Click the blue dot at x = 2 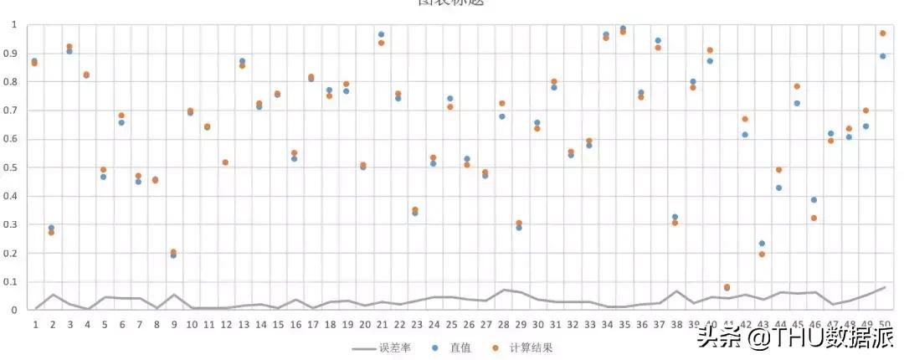tap(51, 228)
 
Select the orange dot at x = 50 tap(882, 33)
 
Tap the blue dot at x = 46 tap(814, 200)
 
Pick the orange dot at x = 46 tap(814, 219)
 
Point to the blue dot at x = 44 tap(778, 188)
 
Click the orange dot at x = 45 tap(797, 86)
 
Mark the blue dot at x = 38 tap(675, 217)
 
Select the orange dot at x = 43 tap(762, 254)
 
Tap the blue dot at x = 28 tap(502, 116)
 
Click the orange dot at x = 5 tap(104, 170)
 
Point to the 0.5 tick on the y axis tap(12, 167)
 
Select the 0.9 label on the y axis tap(12, 53)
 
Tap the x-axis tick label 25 tap(450, 323)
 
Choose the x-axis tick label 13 tap(243, 323)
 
